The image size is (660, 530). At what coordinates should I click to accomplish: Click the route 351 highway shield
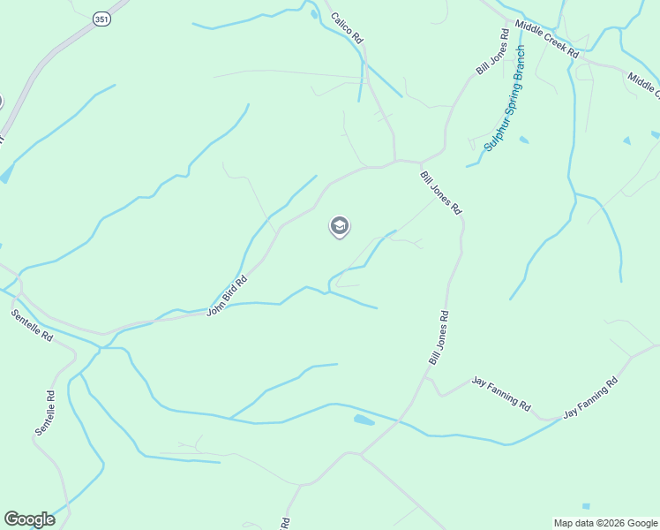tap(103, 19)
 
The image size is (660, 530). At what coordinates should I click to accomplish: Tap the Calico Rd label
tap(347, 28)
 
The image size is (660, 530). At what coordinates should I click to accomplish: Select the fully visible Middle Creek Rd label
tap(548, 39)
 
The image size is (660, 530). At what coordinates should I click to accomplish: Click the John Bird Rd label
tap(226, 296)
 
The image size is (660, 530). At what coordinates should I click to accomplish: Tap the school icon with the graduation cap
tap(340, 226)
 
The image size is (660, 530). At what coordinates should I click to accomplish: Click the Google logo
tap(29, 519)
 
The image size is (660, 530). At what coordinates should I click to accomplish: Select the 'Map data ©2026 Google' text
tap(605, 523)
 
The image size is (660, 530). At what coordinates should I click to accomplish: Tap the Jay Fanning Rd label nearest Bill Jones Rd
tap(501, 393)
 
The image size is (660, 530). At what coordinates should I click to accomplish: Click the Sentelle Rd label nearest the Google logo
tap(46, 413)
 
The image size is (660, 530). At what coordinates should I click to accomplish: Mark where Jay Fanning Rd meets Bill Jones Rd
tap(426, 377)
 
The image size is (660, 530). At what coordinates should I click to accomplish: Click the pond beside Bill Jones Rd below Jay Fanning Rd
tap(364, 420)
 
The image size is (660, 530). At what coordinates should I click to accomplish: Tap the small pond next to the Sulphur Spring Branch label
tap(524, 140)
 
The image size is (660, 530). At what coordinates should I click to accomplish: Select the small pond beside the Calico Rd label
tap(314, 13)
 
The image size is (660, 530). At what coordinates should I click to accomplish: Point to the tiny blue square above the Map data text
tap(587, 506)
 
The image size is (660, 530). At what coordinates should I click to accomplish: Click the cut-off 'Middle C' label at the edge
tap(644, 86)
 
